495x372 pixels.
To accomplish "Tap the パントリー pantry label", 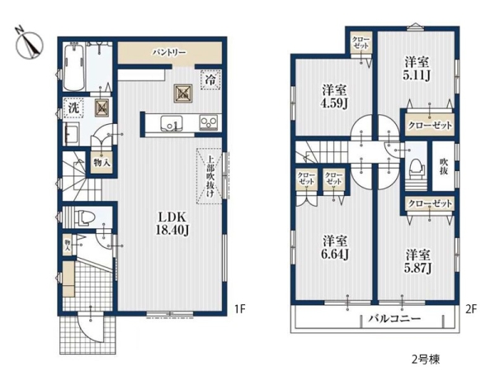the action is (x=169, y=53).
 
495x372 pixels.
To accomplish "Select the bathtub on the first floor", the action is (x=74, y=67).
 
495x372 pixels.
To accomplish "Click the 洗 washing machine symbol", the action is (x=73, y=108).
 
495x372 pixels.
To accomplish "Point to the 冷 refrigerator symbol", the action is (x=210, y=79).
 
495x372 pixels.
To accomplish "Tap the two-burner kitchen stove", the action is (x=209, y=122).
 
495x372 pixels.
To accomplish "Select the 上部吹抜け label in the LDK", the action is (x=210, y=176).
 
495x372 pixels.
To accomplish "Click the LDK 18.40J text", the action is (x=172, y=223).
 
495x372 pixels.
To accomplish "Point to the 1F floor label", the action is (x=239, y=308).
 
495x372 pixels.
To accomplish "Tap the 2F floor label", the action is (x=470, y=308).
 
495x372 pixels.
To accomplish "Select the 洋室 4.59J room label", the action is (x=334, y=97).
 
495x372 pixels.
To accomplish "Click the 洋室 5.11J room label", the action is (x=417, y=69).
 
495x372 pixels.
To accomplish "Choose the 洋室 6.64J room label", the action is (x=335, y=247).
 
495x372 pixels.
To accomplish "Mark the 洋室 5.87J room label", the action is (x=418, y=261).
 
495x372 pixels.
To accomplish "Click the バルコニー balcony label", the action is (x=395, y=318).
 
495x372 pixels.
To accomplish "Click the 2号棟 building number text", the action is (x=426, y=360).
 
